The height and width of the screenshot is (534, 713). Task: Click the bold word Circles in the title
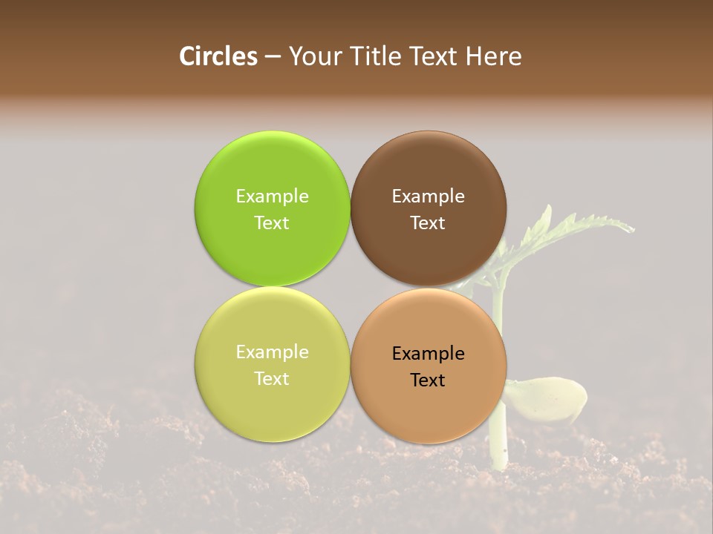(218, 56)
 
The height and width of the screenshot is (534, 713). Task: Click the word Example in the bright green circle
(272, 196)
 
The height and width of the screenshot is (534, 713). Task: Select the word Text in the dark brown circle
(428, 222)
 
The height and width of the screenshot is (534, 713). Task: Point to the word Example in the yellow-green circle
(272, 352)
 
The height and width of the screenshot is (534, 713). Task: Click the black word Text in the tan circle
(428, 380)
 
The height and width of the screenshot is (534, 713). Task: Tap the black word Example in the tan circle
(429, 353)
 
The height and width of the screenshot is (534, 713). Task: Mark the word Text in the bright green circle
(272, 222)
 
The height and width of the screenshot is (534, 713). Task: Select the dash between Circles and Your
(273, 57)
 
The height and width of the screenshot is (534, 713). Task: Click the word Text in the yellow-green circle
(272, 378)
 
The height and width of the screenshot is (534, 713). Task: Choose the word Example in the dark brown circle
(429, 196)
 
